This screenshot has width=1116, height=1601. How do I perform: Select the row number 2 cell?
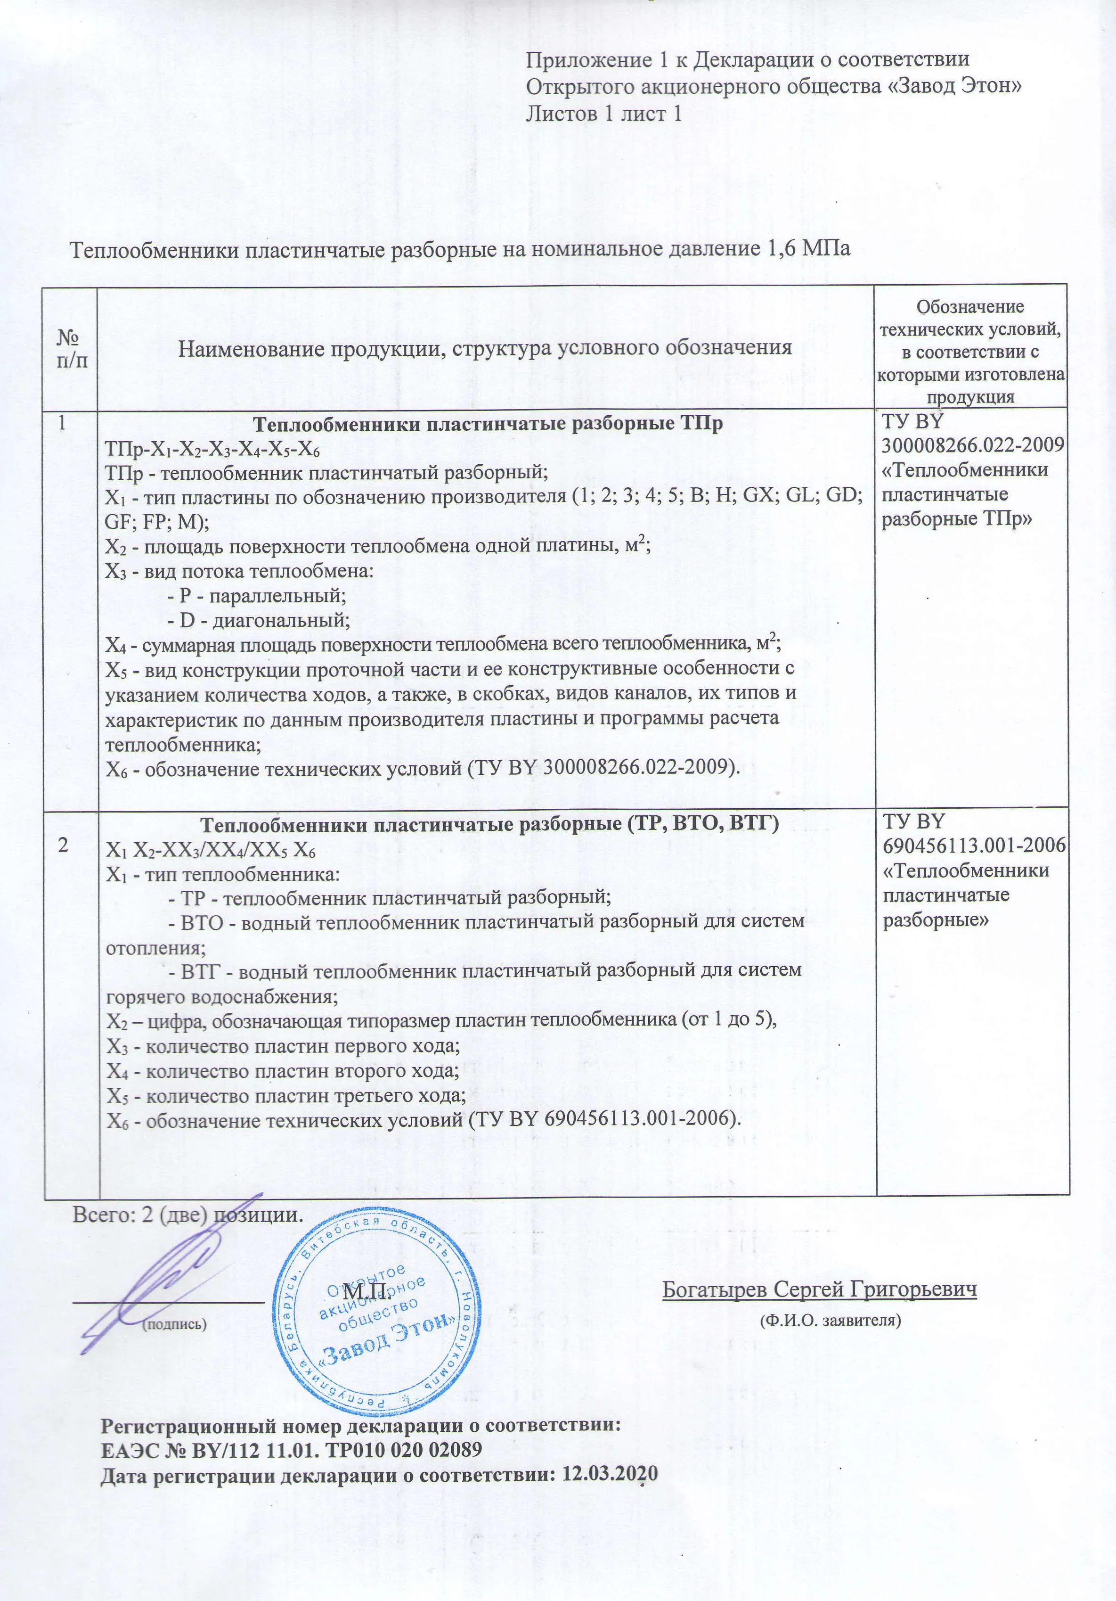64,845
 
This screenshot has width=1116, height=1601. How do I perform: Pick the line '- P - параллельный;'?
257,596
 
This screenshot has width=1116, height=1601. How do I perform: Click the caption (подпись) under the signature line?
174,1324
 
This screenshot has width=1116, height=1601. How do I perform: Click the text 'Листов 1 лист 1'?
603,114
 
